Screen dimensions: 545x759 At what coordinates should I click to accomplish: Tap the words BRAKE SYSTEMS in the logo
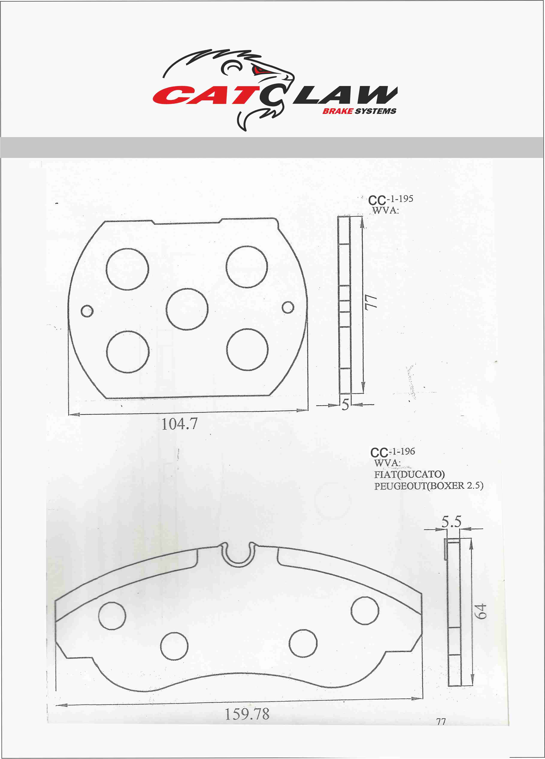point(359,111)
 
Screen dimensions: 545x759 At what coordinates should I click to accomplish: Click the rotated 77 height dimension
point(371,303)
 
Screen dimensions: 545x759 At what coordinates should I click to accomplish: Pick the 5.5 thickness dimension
point(451,521)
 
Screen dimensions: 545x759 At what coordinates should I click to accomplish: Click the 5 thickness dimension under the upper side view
point(345,404)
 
